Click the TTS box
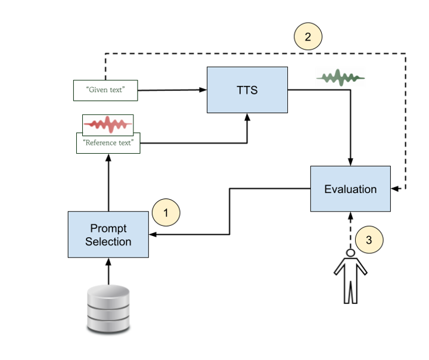247,90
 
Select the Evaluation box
350,189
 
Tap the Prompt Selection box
108,234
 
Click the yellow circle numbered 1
166,212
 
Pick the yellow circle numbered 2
307,37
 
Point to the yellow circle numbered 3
369,240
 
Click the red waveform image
108,124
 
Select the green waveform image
340,77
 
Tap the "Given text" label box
105,90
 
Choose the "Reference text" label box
108,143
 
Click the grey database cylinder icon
108,309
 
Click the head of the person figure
350,254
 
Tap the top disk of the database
108,293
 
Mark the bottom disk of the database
108,325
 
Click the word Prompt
108,228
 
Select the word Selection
108,241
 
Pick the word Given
98,90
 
